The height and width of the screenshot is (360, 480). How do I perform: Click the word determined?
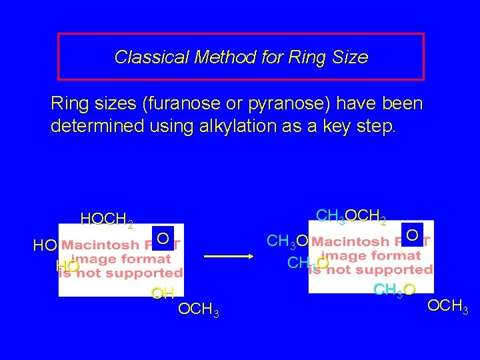click(97, 126)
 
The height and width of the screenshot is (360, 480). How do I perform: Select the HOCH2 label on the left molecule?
click(107, 219)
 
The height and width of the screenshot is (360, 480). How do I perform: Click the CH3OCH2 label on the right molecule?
click(351, 216)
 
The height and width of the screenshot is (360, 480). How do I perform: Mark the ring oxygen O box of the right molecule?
click(413, 235)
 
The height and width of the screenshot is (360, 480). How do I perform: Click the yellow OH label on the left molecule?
click(163, 293)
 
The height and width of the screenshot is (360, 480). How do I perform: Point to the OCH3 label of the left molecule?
click(198, 311)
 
